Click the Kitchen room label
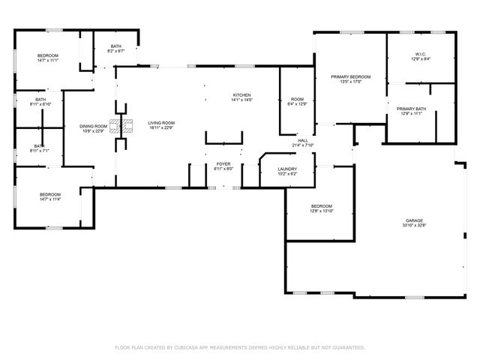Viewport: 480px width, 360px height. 241,94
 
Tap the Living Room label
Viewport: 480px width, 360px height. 160,122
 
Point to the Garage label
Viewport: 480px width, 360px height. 415,220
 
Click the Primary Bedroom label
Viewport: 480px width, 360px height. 351,76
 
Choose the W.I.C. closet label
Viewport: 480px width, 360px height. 421,55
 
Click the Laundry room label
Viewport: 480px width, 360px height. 288,169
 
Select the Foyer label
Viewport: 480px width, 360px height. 224,163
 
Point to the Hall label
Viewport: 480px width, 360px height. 303,140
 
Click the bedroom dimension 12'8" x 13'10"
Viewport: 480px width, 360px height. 322,211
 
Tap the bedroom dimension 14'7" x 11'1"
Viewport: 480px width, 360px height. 48,61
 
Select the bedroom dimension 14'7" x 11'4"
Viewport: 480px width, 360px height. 49,199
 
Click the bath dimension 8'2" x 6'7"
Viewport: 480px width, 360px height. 115,51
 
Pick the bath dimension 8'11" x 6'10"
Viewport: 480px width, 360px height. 40,104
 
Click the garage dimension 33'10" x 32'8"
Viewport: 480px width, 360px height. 415,225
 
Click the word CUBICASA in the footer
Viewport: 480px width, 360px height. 187,347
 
